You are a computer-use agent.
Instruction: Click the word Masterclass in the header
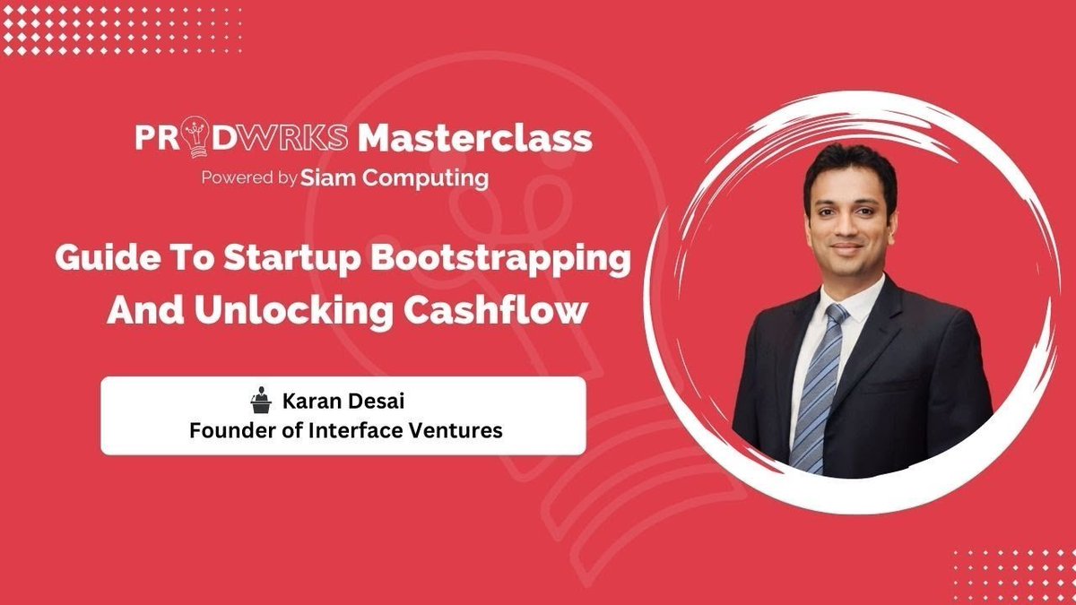pyautogui.click(x=475, y=138)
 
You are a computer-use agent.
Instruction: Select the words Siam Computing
pyautogui.click(x=395, y=177)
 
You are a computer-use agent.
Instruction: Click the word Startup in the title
pyautogui.click(x=294, y=259)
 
